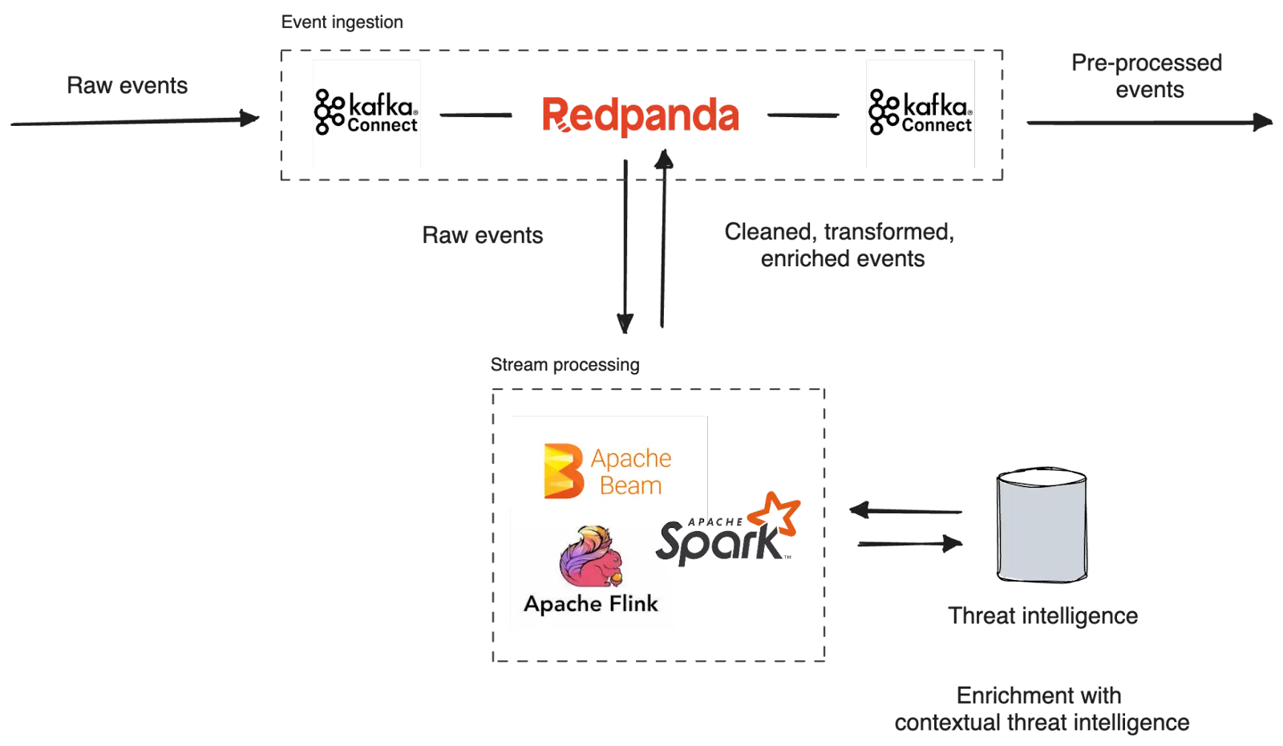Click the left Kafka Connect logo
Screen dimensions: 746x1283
coord(365,115)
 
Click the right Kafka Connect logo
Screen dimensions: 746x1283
coord(920,115)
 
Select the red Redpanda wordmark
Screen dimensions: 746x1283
coord(639,115)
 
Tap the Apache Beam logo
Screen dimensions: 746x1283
coord(608,471)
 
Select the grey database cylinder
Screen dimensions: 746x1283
coord(1042,525)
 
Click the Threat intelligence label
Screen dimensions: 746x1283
coord(1042,616)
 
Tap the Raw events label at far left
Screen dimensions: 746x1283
coord(127,85)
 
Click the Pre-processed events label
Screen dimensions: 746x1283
coord(1148,77)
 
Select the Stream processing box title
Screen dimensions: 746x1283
coord(565,364)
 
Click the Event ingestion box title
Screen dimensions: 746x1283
coord(342,22)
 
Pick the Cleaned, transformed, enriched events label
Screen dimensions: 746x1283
coord(840,244)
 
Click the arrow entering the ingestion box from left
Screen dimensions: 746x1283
coord(136,122)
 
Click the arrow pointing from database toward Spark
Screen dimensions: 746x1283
coord(906,511)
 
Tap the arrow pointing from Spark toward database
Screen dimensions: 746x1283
coord(906,545)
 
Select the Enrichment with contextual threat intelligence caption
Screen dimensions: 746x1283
coord(1041,708)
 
